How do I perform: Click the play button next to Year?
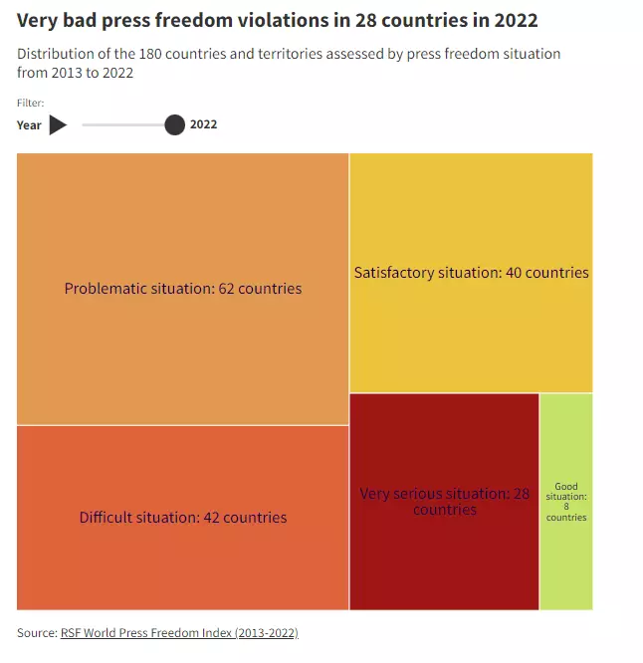[58, 124]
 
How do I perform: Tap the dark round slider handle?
[174, 124]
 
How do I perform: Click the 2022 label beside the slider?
[203, 124]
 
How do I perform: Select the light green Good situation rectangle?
[566, 502]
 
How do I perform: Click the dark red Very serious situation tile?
[444, 502]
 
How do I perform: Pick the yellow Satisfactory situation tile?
[472, 273]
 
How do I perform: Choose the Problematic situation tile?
[182, 289]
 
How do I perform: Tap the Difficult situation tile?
[182, 518]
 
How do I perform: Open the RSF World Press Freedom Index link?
[179, 632]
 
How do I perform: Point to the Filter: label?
[31, 103]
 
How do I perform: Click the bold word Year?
[29, 125]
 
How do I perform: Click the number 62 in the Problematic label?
[226, 289]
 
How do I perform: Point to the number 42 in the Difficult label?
[211, 518]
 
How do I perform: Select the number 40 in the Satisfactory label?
[514, 273]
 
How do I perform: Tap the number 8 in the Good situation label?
[566, 506]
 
